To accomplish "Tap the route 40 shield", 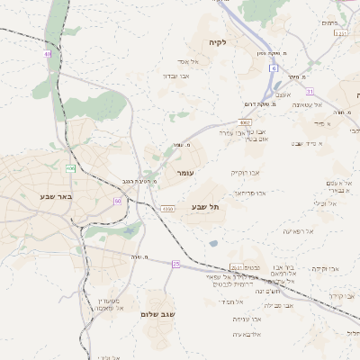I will [x=47, y=55].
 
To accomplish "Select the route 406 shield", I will [x=70, y=167].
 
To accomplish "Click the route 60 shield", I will [x=117, y=201].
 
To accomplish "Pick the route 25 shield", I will [x=176, y=264].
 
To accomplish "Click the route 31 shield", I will [x=310, y=92].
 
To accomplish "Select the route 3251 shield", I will [x=339, y=33].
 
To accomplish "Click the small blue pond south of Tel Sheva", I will [x=212, y=243].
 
